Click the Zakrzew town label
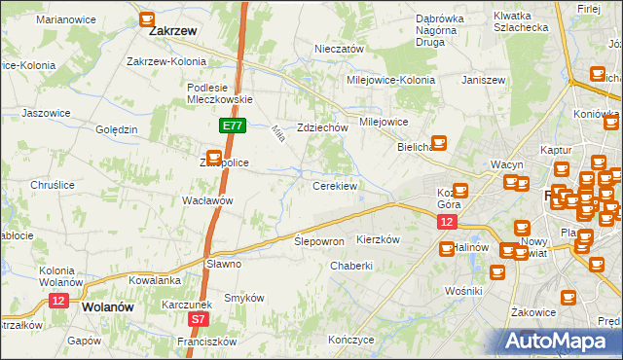click(x=173, y=31)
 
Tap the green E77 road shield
click(x=232, y=126)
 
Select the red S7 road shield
click(x=199, y=318)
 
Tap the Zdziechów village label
click(x=323, y=127)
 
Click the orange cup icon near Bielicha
click(x=438, y=142)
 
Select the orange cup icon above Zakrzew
click(x=147, y=18)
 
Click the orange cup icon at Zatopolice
click(x=213, y=156)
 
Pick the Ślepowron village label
click(x=319, y=241)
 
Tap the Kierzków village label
click(x=380, y=239)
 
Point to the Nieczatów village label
click(x=339, y=49)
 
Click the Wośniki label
click(x=463, y=291)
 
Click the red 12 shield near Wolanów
click(x=58, y=302)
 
